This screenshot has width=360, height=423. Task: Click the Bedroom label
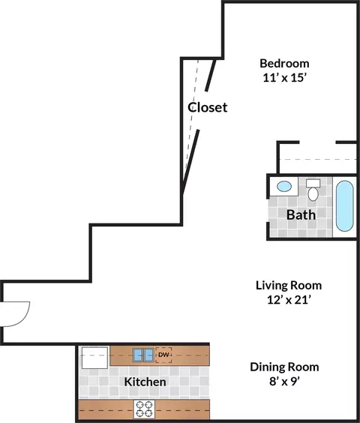tap(284, 64)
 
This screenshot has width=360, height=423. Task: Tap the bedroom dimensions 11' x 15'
tap(285, 78)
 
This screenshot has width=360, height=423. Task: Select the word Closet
tap(208, 107)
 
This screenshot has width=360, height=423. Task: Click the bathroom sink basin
tap(284, 186)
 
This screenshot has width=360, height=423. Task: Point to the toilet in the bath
tap(313, 190)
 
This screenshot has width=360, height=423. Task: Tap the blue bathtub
tap(344, 206)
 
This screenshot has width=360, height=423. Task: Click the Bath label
tap(301, 214)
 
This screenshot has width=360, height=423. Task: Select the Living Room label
tap(289, 286)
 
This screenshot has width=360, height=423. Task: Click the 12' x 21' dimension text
tap(289, 300)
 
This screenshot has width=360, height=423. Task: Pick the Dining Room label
tap(284, 367)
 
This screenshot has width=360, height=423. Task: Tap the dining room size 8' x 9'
tap(285, 382)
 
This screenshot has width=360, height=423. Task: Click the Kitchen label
tap(145, 382)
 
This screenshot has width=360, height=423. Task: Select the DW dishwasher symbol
tap(163, 355)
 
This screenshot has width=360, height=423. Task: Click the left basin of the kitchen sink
tap(138, 355)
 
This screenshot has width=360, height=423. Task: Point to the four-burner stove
tap(144, 409)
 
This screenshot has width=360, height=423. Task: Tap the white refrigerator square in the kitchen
tap(94, 358)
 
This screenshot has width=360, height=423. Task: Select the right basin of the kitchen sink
tap(148, 355)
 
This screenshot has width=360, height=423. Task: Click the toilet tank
tap(313, 183)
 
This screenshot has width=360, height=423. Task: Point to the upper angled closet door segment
tap(211, 75)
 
